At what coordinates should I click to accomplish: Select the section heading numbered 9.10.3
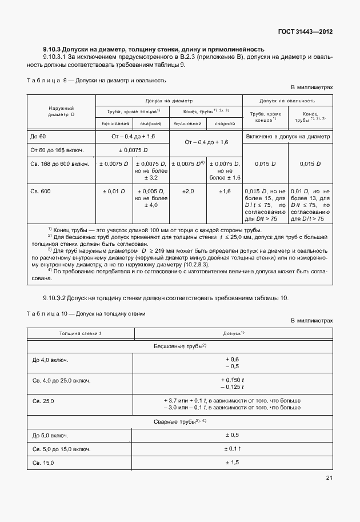click(x=153, y=49)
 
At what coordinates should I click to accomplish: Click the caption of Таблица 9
click(x=97, y=81)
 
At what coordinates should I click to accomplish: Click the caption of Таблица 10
click(x=86, y=313)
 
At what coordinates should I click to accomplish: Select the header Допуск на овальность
click(x=288, y=99)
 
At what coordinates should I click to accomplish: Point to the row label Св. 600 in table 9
click(x=41, y=191)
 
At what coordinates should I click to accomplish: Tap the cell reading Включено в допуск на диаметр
click(x=288, y=137)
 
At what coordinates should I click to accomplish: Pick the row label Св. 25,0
click(x=43, y=401)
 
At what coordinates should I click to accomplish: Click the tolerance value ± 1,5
click(x=232, y=461)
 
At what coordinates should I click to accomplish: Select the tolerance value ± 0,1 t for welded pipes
click(x=232, y=448)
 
